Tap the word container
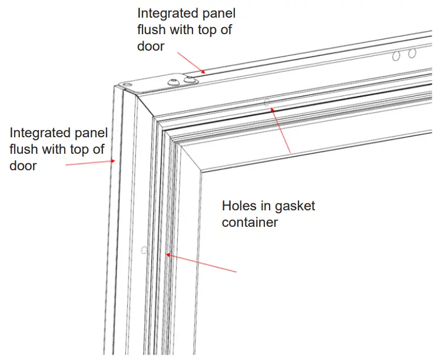click(250, 223)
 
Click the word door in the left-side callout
click(23, 166)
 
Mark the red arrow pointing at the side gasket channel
click(201, 263)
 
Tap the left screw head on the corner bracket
click(174, 82)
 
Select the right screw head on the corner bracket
click(189, 78)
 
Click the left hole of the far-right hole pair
click(397, 56)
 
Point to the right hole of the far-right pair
click(412, 53)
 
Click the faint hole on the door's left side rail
click(144, 250)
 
